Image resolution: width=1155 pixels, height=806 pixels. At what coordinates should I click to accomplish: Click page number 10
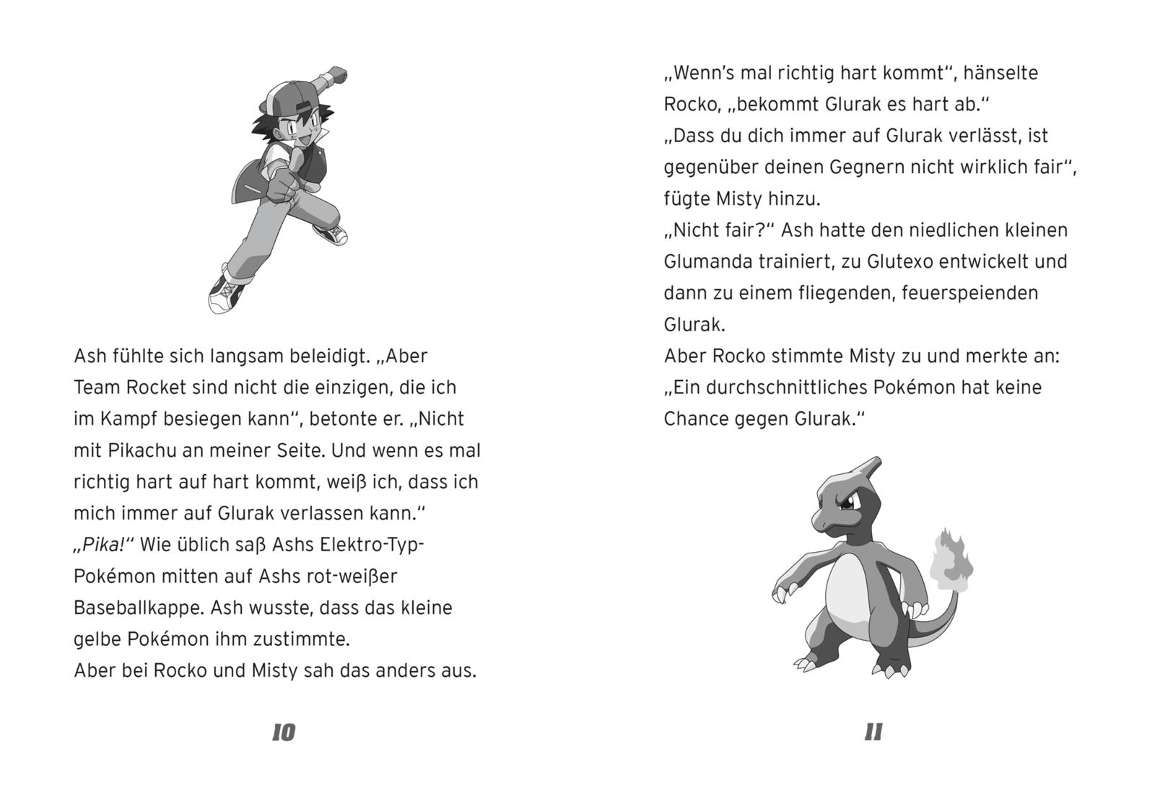pyautogui.click(x=284, y=732)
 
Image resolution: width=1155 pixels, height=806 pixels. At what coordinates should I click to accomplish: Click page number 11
pyautogui.click(x=873, y=732)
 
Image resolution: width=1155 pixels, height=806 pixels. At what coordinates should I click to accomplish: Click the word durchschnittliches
pyautogui.click(x=785, y=387)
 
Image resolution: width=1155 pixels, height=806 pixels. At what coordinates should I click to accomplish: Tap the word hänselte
pyautogui.click(x=1001, y=73)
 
